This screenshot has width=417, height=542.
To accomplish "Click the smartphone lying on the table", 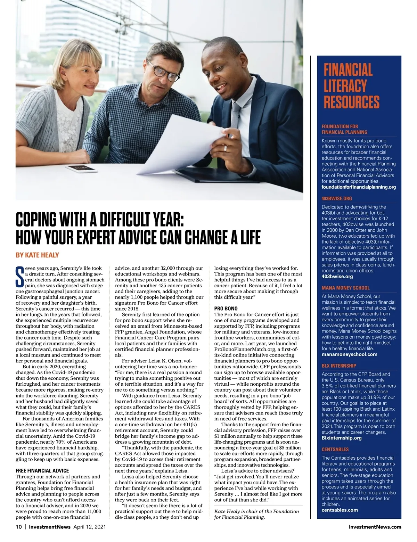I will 81,169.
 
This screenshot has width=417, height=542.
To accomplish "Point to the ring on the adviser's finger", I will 225,148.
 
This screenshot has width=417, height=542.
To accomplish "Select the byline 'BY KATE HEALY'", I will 37,255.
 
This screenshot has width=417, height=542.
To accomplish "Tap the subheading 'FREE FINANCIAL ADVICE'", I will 42,471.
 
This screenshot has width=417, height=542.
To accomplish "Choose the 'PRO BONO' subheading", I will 226,309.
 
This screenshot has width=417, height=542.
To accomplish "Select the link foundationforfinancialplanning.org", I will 359,187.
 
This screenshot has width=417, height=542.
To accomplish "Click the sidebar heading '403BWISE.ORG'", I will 337,199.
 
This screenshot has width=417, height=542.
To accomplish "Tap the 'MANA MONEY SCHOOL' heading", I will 345,288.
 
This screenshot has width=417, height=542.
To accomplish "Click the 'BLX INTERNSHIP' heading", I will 339,366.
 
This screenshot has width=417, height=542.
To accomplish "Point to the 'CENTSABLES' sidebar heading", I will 335,450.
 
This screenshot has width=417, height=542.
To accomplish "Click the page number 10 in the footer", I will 19,527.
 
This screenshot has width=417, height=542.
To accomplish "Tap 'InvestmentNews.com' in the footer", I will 375,527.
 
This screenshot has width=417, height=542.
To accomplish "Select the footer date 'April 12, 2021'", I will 89,527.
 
